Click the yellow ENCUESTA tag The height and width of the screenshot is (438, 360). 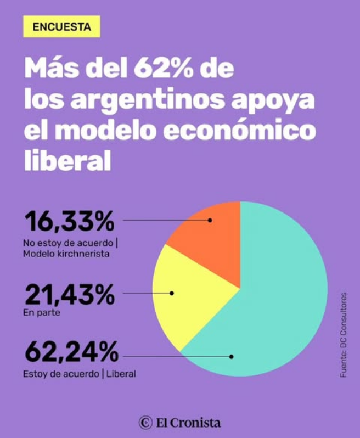[61, 26]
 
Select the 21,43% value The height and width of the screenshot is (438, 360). [69, 296]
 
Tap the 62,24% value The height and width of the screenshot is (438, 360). [71, 352]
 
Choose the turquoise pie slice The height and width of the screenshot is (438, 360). [274, 307]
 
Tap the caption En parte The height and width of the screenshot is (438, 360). [41, 313]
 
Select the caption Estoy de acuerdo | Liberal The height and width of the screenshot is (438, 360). [79, 374]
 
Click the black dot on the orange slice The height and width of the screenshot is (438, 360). [210, 220]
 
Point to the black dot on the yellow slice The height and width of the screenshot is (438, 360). [172, 293]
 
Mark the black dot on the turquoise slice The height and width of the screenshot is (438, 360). [232, 356]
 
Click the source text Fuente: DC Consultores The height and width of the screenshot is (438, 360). [344, 335]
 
